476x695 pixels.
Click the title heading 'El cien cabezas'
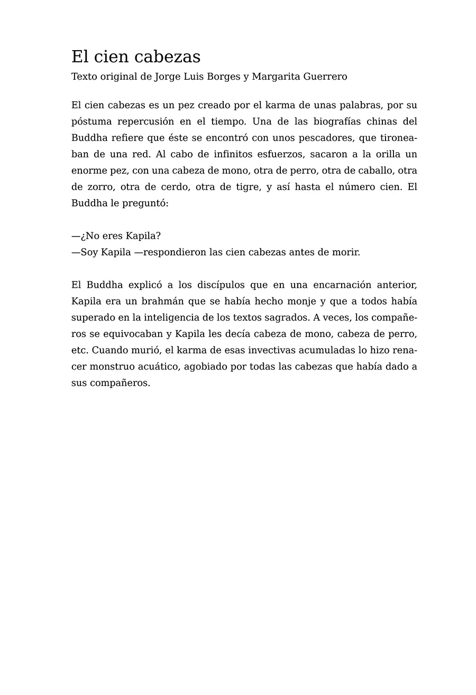pos(136,57)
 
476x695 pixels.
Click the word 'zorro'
pos(99,187)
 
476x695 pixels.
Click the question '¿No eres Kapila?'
pos(121,236)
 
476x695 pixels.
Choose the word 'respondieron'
pos(175,252)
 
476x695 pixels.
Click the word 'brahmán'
pos(151,302)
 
